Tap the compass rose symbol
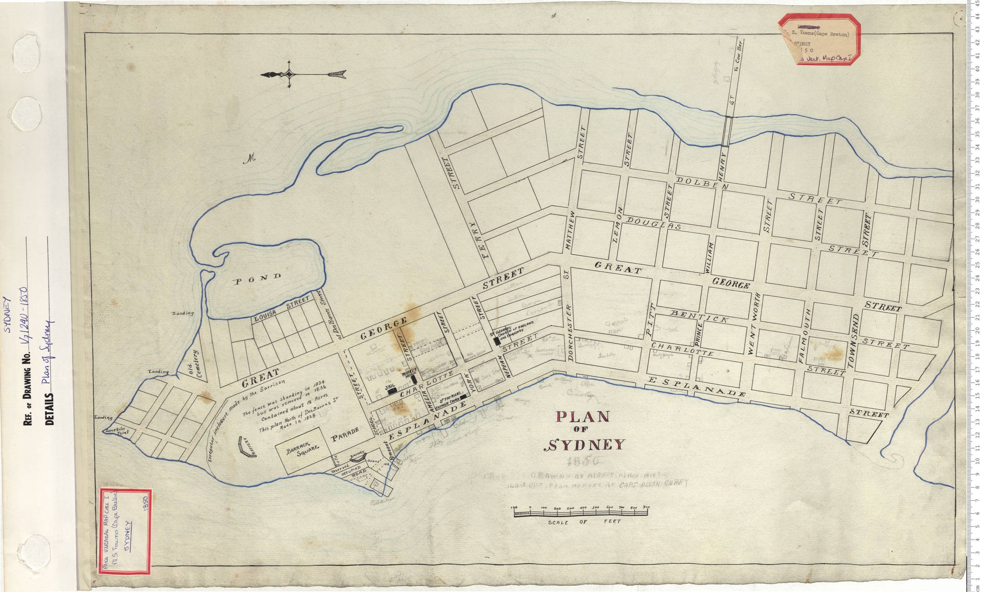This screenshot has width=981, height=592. [x=289, y=74]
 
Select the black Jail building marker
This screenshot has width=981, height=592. [x=392, y=391]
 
